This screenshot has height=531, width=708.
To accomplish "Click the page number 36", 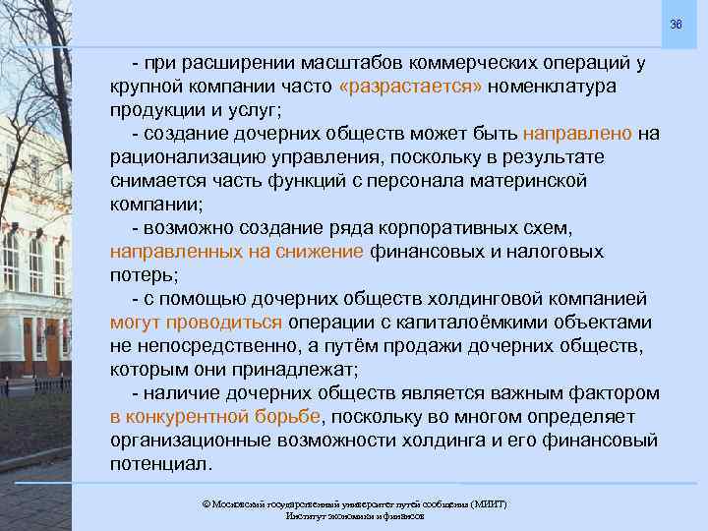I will pyautogui.click(x=675, y=23).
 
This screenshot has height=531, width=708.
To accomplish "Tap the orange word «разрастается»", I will pyautogui.click(x=410, y=87).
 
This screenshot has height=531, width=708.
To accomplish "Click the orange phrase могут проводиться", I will pyautogui.click(x=197, y=323).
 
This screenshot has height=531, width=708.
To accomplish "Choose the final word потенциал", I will pyautogui.click(x=160, y=464).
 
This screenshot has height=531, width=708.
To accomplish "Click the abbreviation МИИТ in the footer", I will pyautogui.click(x=487, y=503).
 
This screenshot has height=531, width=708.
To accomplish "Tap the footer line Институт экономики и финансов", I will pyautogui.click(x=354, y=516).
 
